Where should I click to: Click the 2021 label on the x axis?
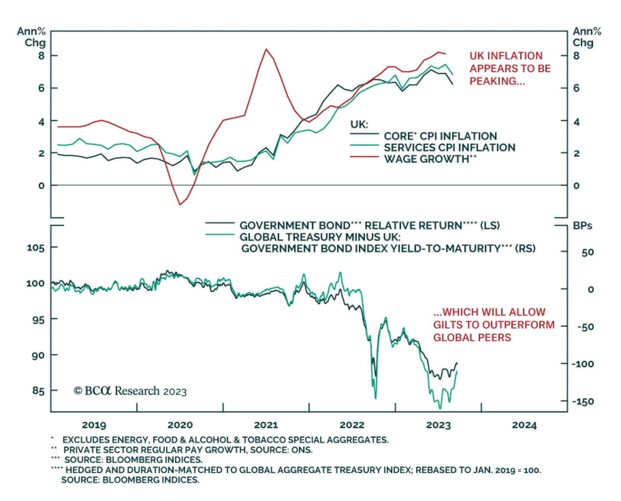click(266, 425)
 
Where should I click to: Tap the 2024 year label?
click(524, 425)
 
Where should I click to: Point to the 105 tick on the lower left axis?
click(36, 248)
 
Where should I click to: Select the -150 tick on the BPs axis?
click(583, 401)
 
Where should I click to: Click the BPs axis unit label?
click(582, 225)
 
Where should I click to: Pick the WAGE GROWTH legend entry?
click(430, 159)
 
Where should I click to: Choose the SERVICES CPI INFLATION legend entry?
click(449, 147)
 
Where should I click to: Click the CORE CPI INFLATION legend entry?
click(440, 136)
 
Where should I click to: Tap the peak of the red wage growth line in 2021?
click(266, 49)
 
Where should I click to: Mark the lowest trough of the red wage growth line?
click(180, 205)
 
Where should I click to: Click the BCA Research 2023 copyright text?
click(130, 391)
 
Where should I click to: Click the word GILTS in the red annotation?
click(447, 325)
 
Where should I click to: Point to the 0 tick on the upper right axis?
click(576, 185)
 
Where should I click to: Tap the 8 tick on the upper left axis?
click(42, 55)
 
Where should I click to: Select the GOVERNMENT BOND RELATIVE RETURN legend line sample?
click(219, 223)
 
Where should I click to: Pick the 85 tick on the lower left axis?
click(38, 390)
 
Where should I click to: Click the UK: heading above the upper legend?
click(359, 124)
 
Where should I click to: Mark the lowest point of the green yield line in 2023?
click(440, 408)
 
